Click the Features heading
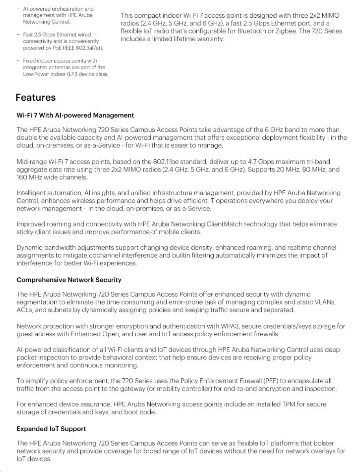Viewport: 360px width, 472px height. coord(35,98)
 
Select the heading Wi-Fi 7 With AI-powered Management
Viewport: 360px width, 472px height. coord(75,115)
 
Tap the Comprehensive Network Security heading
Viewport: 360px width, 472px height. coord(69,280)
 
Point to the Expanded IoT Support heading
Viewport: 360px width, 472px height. coord(51,429)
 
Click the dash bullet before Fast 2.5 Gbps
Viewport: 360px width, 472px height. coord(18,35)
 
